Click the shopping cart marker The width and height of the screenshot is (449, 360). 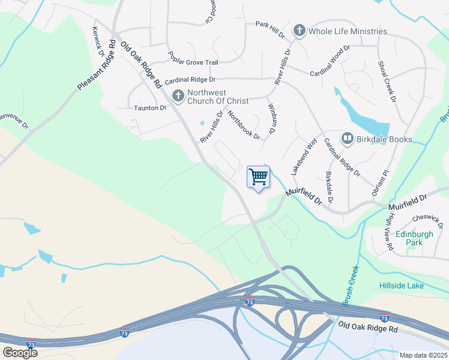coord(258,178)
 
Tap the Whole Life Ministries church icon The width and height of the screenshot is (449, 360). coord(298,31)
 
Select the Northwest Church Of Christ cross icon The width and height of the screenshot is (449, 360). coord(178,96)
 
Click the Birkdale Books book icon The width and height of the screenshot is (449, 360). coord(347,139)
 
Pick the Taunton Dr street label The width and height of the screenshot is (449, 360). coord(149,108)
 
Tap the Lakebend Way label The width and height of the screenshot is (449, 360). coord(303,157)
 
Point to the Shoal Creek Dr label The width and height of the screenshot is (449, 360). coord(387,81)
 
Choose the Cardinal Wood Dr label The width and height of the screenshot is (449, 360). coord(330,61)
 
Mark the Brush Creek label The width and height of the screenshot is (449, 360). coord(351,286)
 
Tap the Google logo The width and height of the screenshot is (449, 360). coord(20,353)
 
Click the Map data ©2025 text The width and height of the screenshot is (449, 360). coord(423,355)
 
